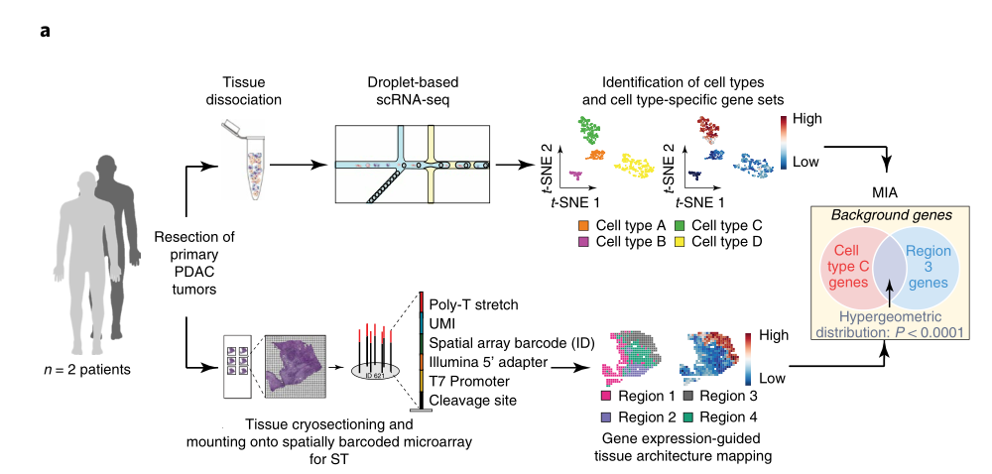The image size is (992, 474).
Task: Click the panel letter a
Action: tap(45, 31)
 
